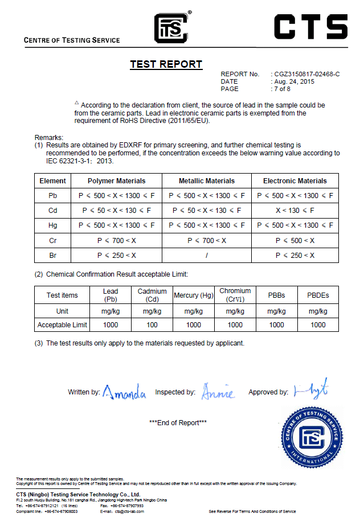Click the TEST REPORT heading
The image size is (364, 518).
tap(166, 64)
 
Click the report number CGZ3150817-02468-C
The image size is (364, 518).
tap(306, 75)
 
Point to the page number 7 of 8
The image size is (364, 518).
tap(282, 89)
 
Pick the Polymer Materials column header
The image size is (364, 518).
tap(116, 181)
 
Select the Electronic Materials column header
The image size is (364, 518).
tap(295, 181)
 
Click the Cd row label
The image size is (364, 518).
tap(53, 211)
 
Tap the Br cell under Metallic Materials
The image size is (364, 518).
tap(207, 256)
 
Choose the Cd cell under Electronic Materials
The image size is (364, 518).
tap(295, 211)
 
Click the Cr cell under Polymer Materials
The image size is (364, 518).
tap(116, 241)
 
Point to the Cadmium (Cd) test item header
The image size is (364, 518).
tap(152, 295)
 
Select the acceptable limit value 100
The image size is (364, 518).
tap(152, 325)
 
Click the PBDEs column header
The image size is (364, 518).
tap(318, 295)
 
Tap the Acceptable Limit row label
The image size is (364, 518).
tap(62, 325)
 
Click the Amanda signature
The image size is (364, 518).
tap(124, 393)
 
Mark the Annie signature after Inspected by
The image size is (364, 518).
tap(218, 393)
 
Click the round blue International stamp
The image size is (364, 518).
tap(312, 437)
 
